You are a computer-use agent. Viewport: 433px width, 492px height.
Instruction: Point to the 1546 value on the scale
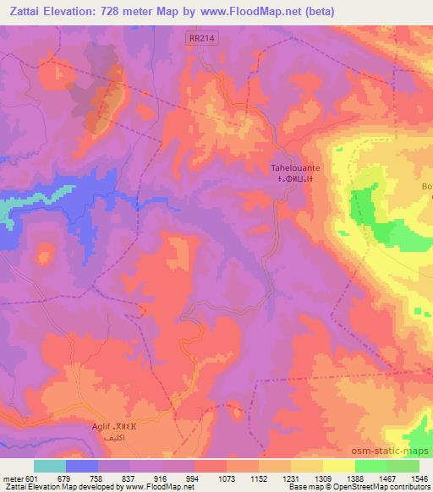pyautogui.click(x=419, y=478)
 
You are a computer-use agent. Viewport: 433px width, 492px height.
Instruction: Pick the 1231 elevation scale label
pyautogui.click(x=291, y=478)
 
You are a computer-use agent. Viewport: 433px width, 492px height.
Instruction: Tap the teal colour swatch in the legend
pyautogui.click(x=50, y=466)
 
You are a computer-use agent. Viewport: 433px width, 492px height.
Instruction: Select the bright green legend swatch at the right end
pyautogui.click(x=403, y=466)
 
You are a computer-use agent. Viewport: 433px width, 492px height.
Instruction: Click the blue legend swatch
pyautogui.click(x=82, y=466)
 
